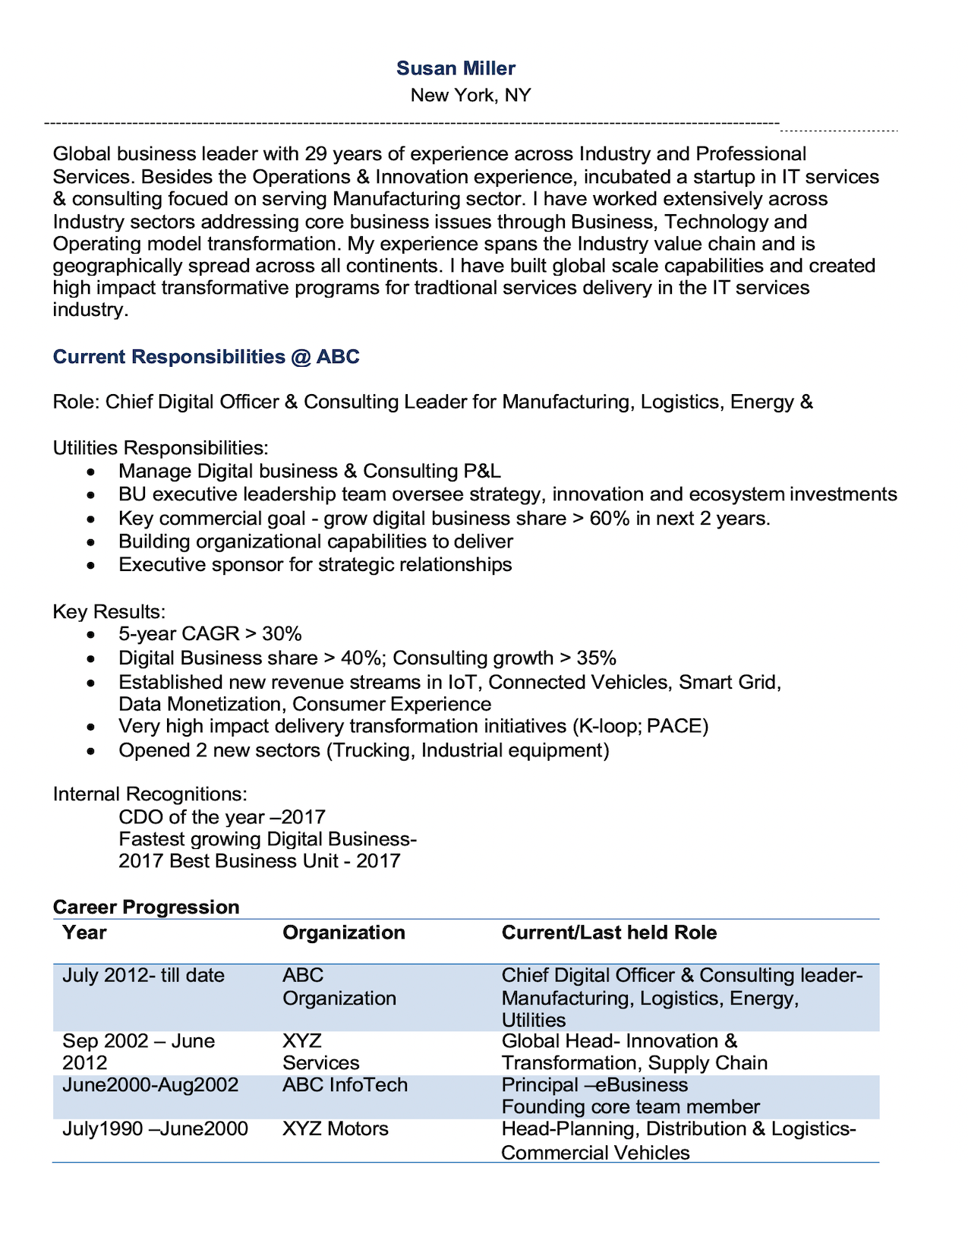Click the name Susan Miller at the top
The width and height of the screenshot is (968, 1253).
point(456,68)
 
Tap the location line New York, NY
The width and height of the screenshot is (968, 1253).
point(470,96)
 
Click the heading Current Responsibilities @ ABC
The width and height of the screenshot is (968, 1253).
point(206,357)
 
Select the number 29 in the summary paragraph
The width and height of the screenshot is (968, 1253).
point(315,154)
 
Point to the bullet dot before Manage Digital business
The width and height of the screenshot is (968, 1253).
point(91,472)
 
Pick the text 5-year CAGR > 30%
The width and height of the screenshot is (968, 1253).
point(210,634)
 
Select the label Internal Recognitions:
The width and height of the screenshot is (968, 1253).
point(150,794)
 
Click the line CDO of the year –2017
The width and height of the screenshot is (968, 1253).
point(222,817)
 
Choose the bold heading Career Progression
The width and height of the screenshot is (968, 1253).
point(146,907)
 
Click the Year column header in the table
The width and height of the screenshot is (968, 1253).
point(84,933)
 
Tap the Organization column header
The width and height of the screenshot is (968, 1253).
point(343,933)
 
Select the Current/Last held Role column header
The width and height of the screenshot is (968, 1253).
point(609,933)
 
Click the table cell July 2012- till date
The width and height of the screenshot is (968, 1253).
point(143,976)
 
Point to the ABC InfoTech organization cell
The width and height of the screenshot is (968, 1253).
point(345,1085)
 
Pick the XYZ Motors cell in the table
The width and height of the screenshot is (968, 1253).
point(335,1129)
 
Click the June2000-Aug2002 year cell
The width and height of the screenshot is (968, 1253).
point(150,1085)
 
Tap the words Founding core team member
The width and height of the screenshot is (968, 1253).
point(630,1107)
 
